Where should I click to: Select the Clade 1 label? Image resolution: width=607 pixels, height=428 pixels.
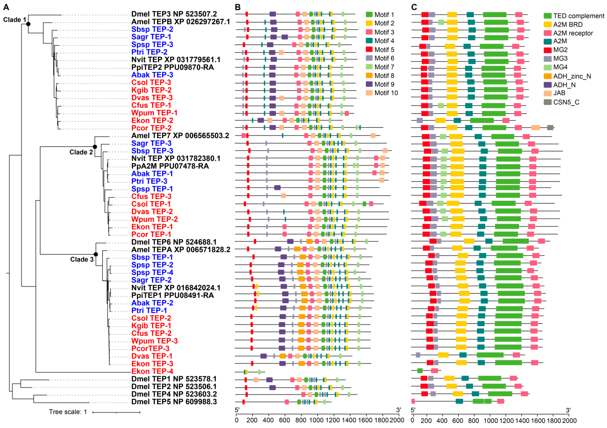pos(15,20)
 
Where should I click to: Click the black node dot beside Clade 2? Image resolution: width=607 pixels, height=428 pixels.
pos(95,147)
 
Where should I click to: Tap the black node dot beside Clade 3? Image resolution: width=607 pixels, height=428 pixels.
pos(96,254)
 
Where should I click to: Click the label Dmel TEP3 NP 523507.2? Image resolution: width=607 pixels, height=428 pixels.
pos(174,14)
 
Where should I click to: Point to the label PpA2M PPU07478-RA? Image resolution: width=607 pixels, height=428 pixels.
pos(170,166)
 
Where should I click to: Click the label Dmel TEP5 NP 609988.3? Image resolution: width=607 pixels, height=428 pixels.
pos(174,402)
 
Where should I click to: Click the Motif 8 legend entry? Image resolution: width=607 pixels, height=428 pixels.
pos(384,76)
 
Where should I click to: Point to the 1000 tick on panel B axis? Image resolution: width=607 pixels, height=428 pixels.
pos(316,420)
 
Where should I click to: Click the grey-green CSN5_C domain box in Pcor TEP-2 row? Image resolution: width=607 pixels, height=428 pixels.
pos(550,128)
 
